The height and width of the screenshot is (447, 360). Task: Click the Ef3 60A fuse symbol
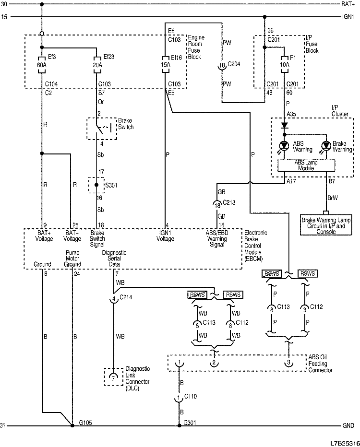coord(42,65)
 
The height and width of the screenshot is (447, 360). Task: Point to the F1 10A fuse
coord(285,65)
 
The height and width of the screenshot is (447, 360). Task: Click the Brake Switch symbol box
coord(101,128)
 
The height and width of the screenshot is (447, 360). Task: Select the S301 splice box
coord(96,185)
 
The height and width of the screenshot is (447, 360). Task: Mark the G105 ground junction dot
coord(72,425)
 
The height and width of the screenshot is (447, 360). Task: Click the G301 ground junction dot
coord(178,425)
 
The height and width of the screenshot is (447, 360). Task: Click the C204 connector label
coord(234,65)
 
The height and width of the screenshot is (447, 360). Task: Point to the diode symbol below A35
coord(285,125)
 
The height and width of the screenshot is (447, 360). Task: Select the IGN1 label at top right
coord(348,17)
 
